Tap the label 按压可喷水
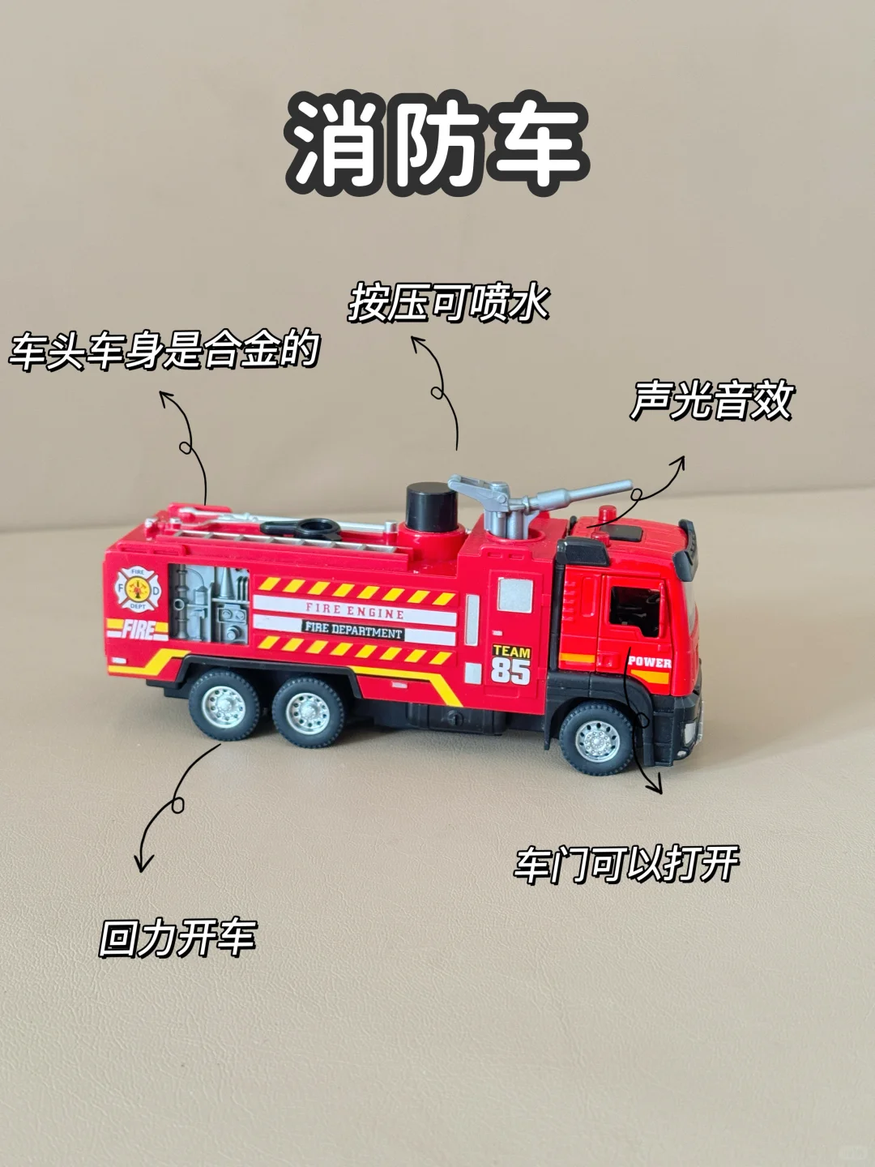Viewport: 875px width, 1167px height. coord(448,303)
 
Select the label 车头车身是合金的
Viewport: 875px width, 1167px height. coord(164,350)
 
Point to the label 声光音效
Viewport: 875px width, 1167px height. coord(711,400)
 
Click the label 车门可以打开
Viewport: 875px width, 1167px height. coord(626,864)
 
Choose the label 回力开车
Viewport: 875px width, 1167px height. coord(177,938)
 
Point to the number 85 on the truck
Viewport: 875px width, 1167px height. coord(510,671)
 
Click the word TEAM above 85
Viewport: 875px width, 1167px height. coord(511,652)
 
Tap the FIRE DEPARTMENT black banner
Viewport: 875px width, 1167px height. coord(353,630)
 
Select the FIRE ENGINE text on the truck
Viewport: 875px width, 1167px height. coord(355,610)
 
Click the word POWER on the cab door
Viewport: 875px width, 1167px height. coord(649,662)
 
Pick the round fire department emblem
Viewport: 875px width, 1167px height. coord(137,588)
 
